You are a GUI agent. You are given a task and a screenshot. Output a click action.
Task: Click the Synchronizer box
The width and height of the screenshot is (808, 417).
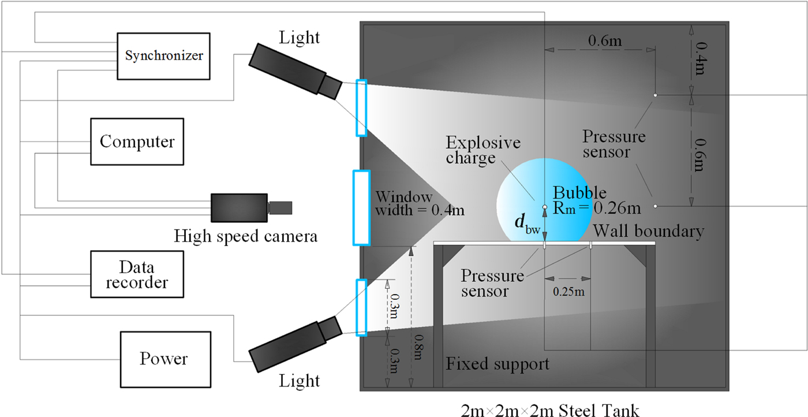point(164,55)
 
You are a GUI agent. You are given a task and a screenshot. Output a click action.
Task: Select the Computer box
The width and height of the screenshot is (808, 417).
point(137,142)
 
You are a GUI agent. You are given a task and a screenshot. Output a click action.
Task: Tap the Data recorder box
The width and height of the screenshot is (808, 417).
point(137,274)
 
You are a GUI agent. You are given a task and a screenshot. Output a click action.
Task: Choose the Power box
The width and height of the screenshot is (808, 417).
point(163,358)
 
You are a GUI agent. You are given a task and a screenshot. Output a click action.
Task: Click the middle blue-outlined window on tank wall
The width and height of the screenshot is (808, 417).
point(361,207)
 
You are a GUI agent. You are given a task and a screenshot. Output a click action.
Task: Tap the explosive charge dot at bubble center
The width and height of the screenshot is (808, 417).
point(544,206)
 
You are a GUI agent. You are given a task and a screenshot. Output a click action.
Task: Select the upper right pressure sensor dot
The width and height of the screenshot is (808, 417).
point(656,95)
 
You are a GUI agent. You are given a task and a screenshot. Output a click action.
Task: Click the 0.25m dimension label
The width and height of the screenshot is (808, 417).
point(568,292)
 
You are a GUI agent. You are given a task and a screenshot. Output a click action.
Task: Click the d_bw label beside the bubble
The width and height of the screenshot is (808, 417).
point(527,224)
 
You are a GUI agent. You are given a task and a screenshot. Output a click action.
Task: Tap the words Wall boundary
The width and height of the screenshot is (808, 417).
point(649,232)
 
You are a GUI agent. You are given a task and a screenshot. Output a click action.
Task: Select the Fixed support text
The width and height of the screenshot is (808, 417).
point(497,364)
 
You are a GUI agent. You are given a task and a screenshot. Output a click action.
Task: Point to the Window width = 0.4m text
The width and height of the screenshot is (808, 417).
point(420,203)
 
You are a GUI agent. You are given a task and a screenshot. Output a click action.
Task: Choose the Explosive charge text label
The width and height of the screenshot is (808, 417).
point(483,150)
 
